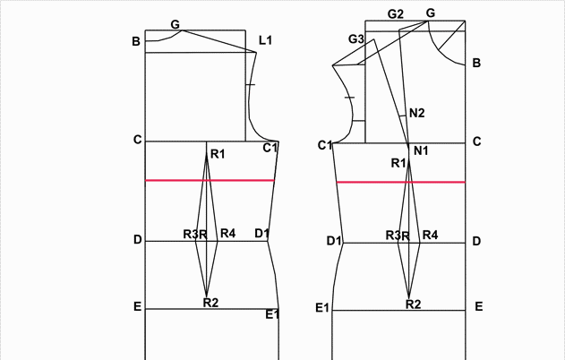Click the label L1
(265, 40)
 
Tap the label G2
(395, 14)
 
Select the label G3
(356, 39)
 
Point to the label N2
(417, 113)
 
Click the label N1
(421, 150)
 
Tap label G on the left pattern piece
(175, 24)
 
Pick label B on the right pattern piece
(476, 63)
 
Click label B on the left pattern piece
(136, 41)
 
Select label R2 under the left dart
(210, 303)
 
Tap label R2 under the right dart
(414, 304)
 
